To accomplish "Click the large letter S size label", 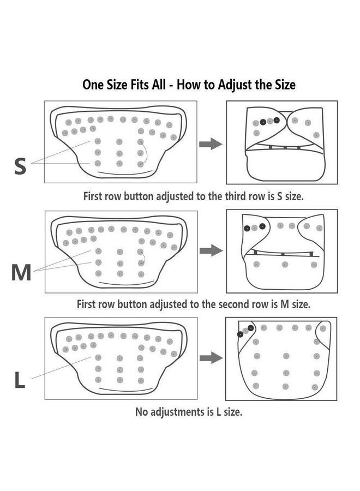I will click(x=20, y=165).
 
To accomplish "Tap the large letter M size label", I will click(x=21, y=272).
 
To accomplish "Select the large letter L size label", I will click(x=20, y=381).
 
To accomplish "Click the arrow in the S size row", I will click(x=210, y=144).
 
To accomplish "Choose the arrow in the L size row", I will click(x=210, y=358).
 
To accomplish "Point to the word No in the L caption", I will click(x=141, y=412).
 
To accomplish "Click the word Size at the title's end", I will click(x=284, y=85).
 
